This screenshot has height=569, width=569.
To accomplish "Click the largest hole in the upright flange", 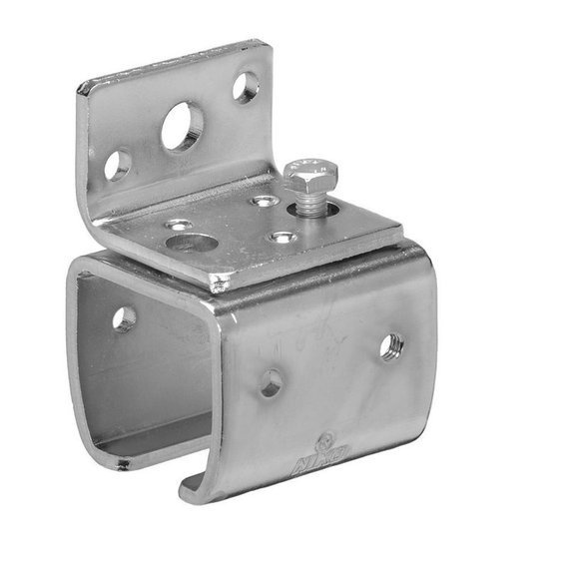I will (183, 127).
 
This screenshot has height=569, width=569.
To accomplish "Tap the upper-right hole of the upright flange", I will (246, 86).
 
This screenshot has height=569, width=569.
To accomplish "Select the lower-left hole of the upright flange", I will (118, 165).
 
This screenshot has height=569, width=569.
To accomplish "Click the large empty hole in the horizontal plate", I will (191, 243).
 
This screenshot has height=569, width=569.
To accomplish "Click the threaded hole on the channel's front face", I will (390, 346).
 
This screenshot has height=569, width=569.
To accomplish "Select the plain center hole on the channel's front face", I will (271, 381).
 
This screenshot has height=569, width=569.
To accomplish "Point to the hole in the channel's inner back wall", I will (124, 318).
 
